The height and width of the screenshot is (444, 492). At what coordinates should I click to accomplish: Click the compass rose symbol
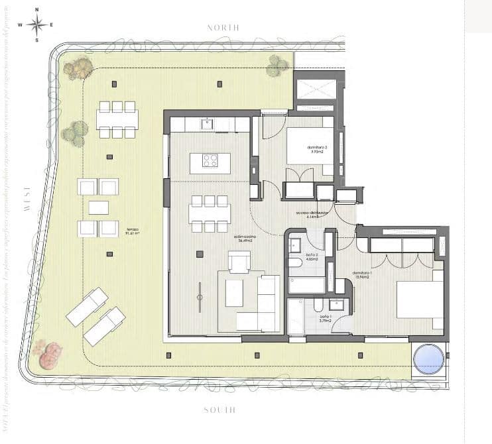[37, 25]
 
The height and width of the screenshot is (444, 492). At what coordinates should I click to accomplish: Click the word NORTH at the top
[223, 28]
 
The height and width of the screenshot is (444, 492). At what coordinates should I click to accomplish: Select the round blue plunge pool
[428, 360]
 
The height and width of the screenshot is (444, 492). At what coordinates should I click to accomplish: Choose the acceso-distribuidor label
[312, 214]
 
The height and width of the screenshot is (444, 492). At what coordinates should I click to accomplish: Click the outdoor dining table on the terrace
[117, 119]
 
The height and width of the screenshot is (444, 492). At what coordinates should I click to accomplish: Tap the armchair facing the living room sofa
[239, 262]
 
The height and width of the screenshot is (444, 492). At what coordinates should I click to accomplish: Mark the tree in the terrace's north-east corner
[278, 64]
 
